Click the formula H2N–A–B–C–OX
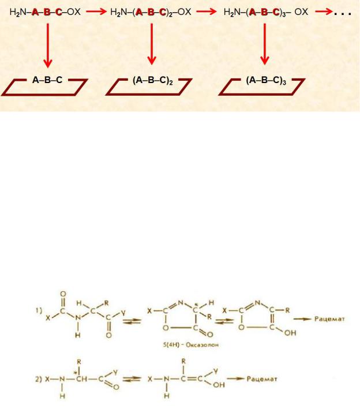click(x=45, y=12)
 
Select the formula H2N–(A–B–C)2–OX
click(x=151, y=12)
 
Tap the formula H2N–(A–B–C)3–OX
click(x=266, y=12)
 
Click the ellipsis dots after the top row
click(x=342, y=13)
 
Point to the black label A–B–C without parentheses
click(x=47, y=80)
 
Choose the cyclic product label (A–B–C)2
click(x=153, y=80)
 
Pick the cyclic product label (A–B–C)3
click(x=266, y=80)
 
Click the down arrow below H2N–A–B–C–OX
click(x=48, y=46)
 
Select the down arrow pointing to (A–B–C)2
click(x=151, y=44)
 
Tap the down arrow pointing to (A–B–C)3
click(x=265, y=44)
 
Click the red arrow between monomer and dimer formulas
click(x=96, y=12)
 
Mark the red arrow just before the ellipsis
click(x=324, y=12)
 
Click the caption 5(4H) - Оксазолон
click(x=190, y=344)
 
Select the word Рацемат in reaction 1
click(x=329, y=319)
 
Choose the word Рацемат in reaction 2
click(x=262, y=379)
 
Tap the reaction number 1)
click(x=39, y=311)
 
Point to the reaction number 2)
click(x=39, y=380)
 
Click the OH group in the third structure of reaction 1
click(x=290, y=333)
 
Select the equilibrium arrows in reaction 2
click(x=132, y=380)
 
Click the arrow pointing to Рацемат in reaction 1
click(x=302, y=319)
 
